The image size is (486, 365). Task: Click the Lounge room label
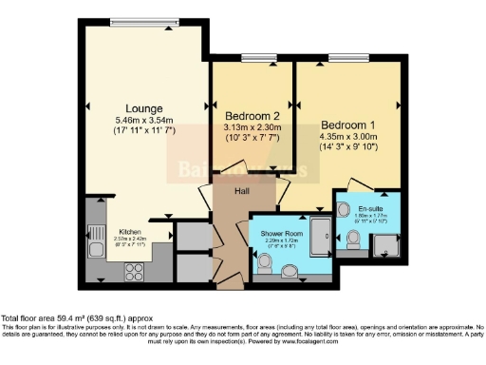(x=140, y=107)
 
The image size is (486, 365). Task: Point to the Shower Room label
(x=274, y=233)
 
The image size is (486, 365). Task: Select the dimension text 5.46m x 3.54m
(x=140, y=121)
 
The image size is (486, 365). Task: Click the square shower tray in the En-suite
(x=386, y=246)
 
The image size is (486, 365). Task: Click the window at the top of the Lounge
(x=141, y=23)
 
